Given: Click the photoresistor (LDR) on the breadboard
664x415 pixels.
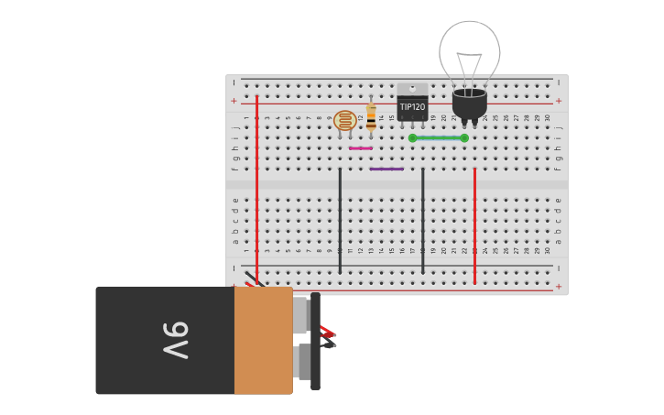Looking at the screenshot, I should pyautogui.click(x=344, y=120).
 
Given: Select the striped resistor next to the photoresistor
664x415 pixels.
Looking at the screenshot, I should pyautogui.click(x=371, y=116).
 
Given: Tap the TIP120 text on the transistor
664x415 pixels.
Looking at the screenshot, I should pyautogui.click(x=412, y=107).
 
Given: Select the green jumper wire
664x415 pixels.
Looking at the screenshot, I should pyautogui.click(x=438, y=138).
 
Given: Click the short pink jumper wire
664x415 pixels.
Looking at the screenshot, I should pyautogui.click(x=361, y=148).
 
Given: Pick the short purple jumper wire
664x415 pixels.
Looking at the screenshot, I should pyautogui.click(x=386, y=169).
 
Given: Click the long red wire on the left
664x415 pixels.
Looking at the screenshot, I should pyautogui.click(x=256, y=183).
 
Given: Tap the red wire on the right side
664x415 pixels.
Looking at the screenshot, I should pyautogui.click(x=474, y=224).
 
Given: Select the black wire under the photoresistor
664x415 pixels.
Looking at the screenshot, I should pyautogui.click(x=340, y=220).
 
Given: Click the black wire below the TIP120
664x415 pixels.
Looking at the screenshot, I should pyautogui.click(x=422, y=220).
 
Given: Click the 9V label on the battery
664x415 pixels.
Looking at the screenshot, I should pyautogui.click(x=174, y=340).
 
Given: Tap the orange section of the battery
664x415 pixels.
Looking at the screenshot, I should pyautogui.click(x=263, y=340).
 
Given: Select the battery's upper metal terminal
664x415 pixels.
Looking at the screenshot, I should pyautogui.click(x=300, y=315).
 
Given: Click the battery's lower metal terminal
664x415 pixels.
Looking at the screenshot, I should pyautogui.click(x=303, y=361).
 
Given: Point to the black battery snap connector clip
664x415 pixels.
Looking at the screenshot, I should pyautogui.click(x=315, y=341).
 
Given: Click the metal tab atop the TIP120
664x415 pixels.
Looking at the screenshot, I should pyautogui.click(x=412, y=89).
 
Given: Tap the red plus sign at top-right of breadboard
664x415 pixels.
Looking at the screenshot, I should pyautogui.click(x=559, y=101).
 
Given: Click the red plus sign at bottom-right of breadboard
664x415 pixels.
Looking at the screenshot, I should pyautogui.click(x=559, y=286).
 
